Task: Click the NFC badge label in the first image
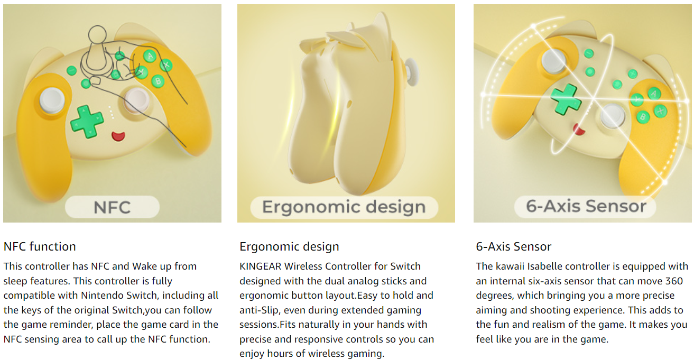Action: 112,207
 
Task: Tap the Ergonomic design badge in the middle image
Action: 344,207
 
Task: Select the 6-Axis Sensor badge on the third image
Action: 585,206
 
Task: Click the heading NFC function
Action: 40,247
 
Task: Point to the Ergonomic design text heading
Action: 289,247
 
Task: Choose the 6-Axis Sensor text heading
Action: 513,247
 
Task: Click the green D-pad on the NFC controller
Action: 87,122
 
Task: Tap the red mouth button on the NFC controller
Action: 118,136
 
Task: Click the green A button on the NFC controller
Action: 150,56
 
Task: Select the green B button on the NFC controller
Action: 158,81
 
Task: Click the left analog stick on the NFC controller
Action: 52,100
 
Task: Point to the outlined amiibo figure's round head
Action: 97,35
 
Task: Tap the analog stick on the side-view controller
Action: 412,73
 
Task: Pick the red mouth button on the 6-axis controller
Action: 579,129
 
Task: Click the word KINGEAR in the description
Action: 260,266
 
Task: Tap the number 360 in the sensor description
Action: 674,281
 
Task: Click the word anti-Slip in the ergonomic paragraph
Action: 258,310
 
